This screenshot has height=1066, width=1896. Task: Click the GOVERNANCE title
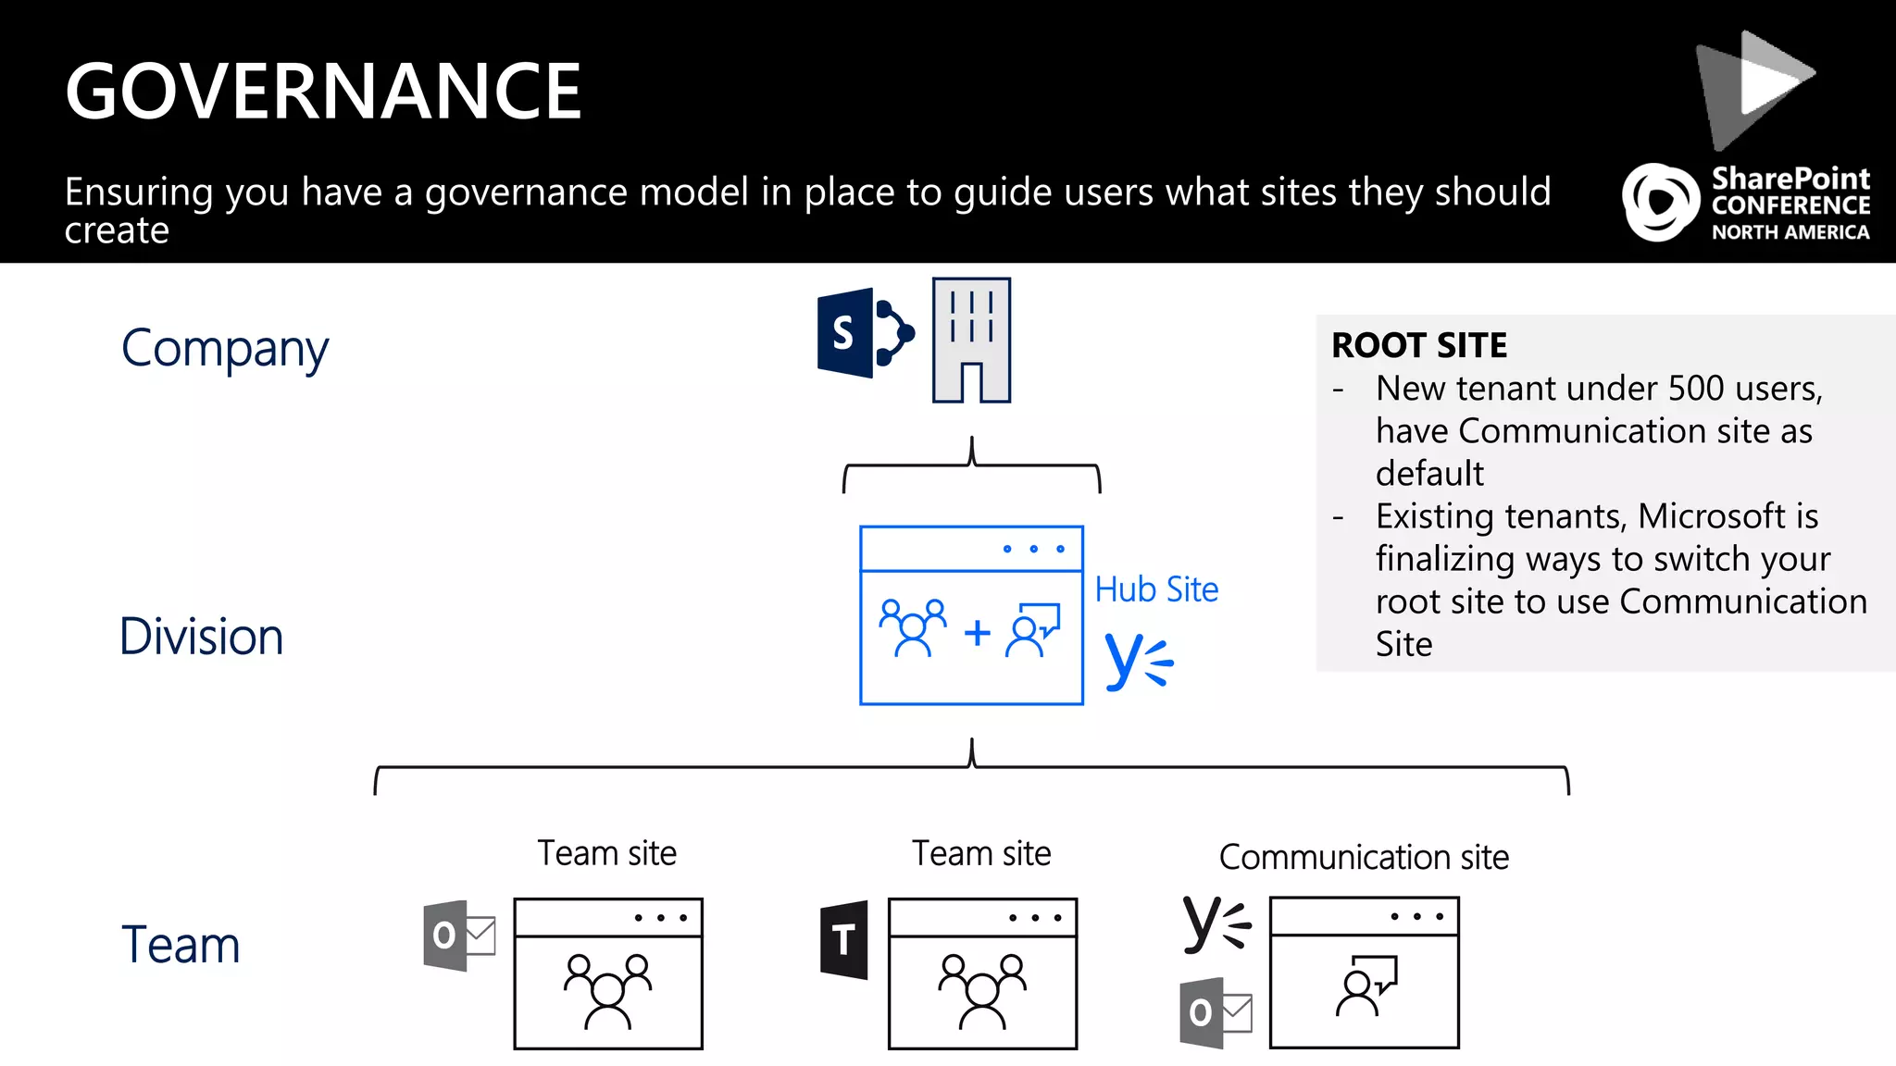[x=323, y=92]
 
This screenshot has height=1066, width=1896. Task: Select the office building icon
[x=971, y=341]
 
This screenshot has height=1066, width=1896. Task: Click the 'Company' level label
[x=225, y=350]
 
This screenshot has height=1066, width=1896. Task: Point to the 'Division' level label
[x=201, y=638]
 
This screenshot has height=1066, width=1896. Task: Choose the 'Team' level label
[x=181, y=945]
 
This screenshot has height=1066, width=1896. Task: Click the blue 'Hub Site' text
[x=1156, y=589]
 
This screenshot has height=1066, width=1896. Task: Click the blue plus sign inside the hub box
[x=977, y=634]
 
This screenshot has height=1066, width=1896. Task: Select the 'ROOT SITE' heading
[x=1419, y=346]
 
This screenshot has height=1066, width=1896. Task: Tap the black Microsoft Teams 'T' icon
[x=844, y=940]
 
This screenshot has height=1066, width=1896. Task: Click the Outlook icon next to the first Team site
[x=458, y=935]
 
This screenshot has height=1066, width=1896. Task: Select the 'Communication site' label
[x=1364, y=858]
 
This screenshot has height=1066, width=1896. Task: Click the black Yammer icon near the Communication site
[x=1216, y=923]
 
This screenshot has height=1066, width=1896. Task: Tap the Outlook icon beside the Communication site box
[x=1215, y=1013]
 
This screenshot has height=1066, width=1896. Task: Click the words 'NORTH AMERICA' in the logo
[x=1790, y=233]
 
